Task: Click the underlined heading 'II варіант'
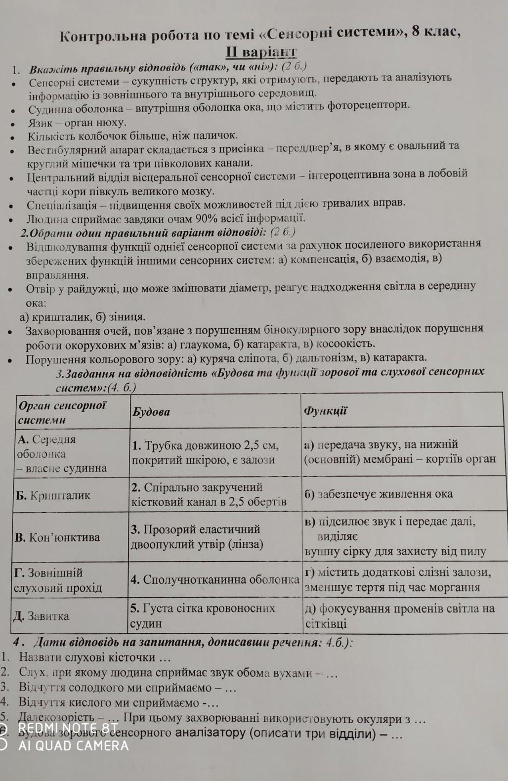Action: point(261,52)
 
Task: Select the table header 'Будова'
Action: point(151,412)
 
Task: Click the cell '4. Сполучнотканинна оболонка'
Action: point(214,579)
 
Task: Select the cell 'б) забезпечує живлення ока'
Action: point(379,494)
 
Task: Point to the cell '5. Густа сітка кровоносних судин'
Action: point(202,615)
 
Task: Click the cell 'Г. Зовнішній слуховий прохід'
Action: point(58,580)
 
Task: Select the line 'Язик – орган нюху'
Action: point(77,122)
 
